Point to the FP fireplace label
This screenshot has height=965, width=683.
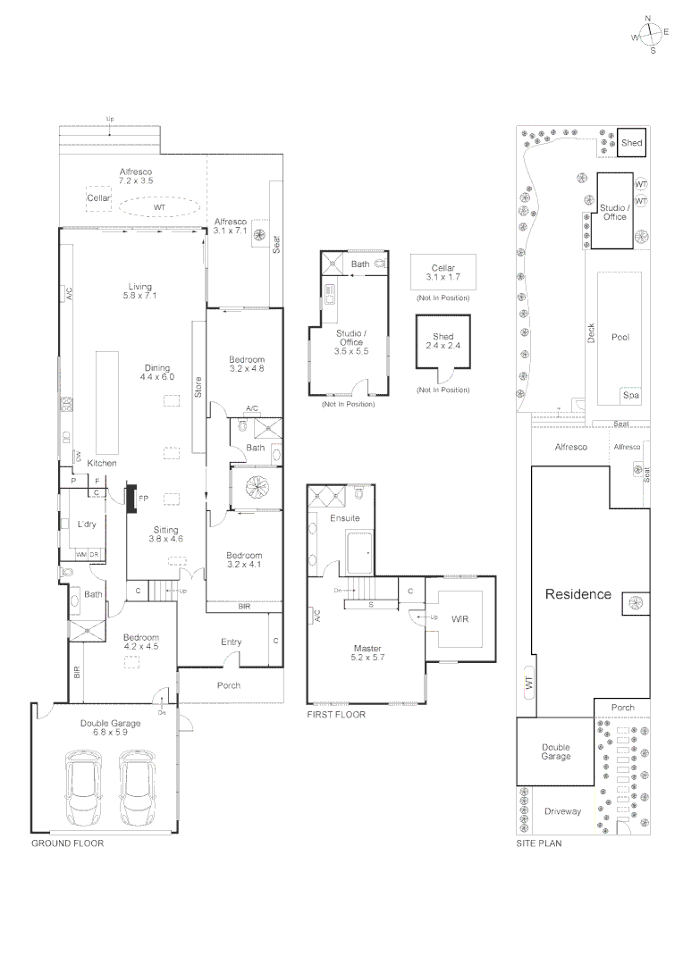pyautogui.click(x=143, y=497)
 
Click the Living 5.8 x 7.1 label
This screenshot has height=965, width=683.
pyautogui.click(x=139, y=291)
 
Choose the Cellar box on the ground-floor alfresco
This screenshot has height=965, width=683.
pyautogui.click(x=98, y=197)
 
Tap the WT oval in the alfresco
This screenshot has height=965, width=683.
pyautogui.click(x=159, y=207)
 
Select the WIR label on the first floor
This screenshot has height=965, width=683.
pyautogui.click(x=460, y=618)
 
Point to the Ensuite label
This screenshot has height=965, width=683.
pyautogui.click(x=344, y=518)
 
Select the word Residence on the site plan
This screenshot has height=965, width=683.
pyautogui.click(x=578, y=594)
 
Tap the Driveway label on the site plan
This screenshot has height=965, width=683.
pyautogui.click(x=562, y=811)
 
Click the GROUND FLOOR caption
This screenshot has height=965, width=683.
pyautogui.click(x=67, y=843)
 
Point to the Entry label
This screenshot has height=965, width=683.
pyautogui.click(x=231, y=642)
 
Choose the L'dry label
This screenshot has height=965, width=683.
pyautogui.click(x=87, y=524)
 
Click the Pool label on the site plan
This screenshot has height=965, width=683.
pyautogui.click(x=620, y=337)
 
